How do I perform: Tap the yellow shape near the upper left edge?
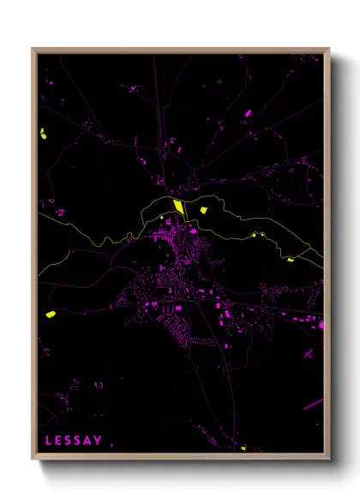click(x=42, y=133)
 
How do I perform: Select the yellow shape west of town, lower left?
click(x=51, y=315)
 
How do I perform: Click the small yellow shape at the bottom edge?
click(x=243, y=447)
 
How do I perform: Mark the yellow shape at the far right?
click(x=291, y=259)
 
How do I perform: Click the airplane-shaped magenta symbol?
click(x=306, y=353)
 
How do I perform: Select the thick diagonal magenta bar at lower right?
click(x=313, y=402)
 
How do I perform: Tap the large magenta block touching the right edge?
click(x=321, y=323)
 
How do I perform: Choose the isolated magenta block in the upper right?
click(x=248, y=113)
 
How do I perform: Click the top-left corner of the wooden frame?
click(x=33, y=49)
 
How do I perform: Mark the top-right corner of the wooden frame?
click(x=329, y=49)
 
